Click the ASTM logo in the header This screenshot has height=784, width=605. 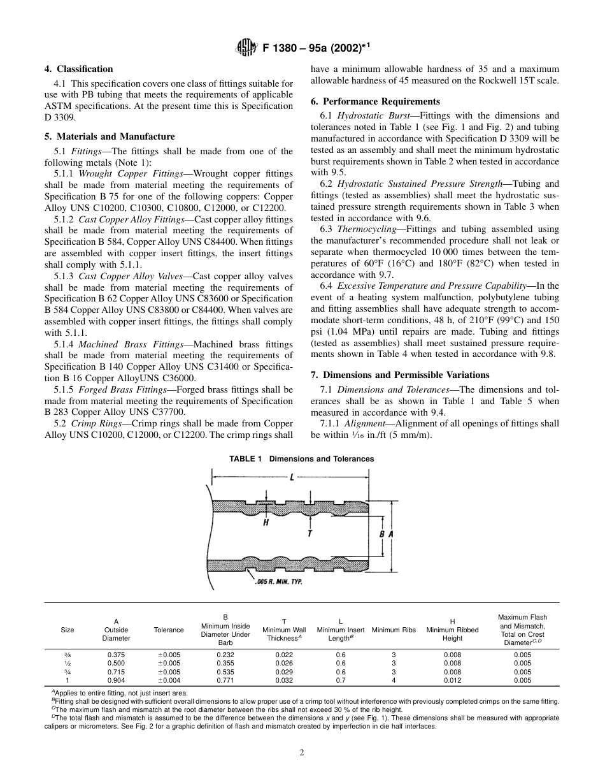pos(245,46)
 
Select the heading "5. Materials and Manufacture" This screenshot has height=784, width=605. pos(109,136)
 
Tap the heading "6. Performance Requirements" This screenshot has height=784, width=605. pos(375,101)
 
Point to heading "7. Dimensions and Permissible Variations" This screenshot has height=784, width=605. pos(400,374)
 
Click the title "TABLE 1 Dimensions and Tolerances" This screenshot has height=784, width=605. pos(302,459)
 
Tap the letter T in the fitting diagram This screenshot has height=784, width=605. pos(310,532)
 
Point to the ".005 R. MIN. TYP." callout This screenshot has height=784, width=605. pos(278,582)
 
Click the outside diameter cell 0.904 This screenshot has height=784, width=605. pos(116,680)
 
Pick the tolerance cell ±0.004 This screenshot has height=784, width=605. pos(169,680)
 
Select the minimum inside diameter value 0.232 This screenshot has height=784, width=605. pos(225,655)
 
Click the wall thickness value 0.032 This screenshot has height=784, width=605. pos(284,680)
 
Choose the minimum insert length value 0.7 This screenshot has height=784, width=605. pos(341,680)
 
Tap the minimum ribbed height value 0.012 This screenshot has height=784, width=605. pos(452,680)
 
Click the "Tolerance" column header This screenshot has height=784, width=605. pos(169,630)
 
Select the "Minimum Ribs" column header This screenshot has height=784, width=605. pos(394,630)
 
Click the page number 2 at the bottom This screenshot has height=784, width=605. pos(302,752)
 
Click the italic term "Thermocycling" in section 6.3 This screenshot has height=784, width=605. pos(369,229)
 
